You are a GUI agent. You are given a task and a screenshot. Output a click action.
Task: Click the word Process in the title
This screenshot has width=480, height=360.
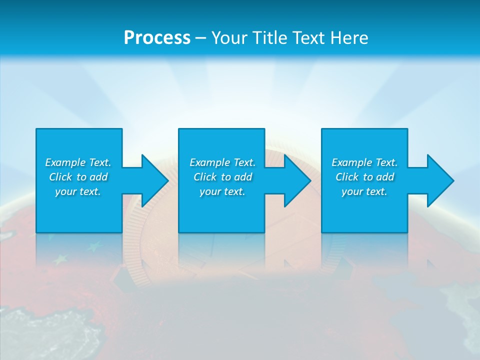coord(157,37)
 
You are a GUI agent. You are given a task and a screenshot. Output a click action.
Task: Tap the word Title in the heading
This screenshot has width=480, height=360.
coord(270,37)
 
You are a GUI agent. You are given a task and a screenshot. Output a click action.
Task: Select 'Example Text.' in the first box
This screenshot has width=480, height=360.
coord(78,162)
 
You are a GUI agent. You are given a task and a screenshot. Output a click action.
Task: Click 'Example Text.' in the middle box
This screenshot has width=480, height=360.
coord(222,162)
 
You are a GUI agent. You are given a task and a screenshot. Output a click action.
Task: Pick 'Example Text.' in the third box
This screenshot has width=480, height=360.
coord(364,162)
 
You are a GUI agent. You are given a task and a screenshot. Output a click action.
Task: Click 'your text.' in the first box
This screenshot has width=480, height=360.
coord(78,191)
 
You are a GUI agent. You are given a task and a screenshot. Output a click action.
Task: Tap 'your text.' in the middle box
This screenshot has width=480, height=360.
coord(222,191)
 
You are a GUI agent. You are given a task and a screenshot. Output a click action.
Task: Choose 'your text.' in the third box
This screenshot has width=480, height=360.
coord(364,191)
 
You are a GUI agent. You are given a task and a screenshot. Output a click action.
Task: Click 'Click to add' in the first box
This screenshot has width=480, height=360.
coord(78,177)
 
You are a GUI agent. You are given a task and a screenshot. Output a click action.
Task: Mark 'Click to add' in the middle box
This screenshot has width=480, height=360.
coord(222,177)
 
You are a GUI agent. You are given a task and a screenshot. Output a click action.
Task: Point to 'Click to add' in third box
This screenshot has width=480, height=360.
coord(364,177)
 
